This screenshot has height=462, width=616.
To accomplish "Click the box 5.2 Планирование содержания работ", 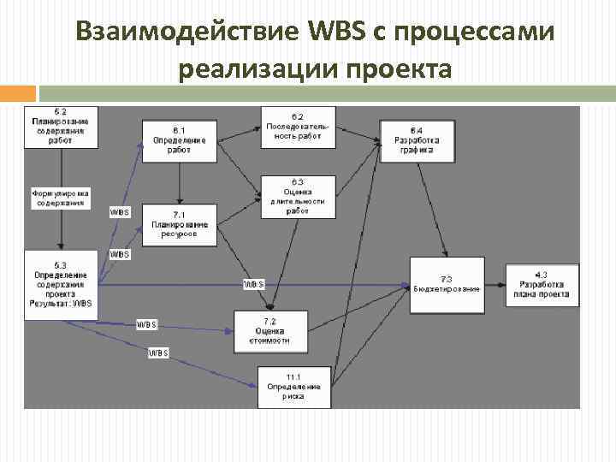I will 61,127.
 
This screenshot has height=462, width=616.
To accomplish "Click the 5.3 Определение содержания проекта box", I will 60,284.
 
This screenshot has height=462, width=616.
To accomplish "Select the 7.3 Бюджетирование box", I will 447,283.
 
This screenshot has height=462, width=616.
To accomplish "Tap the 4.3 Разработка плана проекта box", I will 542,284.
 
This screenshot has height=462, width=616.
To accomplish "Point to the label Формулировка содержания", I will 61,198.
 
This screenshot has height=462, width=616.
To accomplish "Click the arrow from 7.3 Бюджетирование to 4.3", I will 495,283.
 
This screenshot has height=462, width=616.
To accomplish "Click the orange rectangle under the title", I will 17,93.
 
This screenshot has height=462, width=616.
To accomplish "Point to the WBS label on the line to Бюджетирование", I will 253,283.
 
